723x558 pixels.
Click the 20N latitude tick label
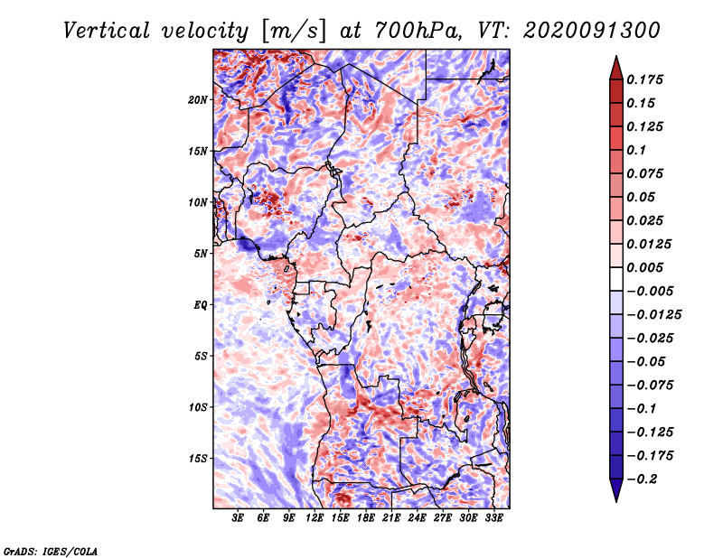pos(197,100)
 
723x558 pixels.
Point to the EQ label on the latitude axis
pos(201,305)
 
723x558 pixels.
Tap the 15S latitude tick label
pos(197,459)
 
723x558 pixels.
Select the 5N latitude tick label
pos(201,254)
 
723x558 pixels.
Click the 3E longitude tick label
pos(238,518)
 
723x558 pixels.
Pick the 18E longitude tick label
pos(366,518)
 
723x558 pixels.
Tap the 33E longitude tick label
pos(493,518)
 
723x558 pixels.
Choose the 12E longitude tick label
pos(315,518)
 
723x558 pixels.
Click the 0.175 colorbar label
pos(644,79)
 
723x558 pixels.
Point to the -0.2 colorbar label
pos(642,479)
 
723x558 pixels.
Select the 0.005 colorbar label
pos(644,267)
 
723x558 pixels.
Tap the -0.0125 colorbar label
pos(653,315)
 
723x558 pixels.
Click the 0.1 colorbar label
pos(636,150)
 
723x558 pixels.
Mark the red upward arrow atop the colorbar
pos(616,68)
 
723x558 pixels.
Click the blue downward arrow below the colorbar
pos(616,490)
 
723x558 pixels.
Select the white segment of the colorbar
pos(616,279)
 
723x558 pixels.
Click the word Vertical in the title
pos(107,31)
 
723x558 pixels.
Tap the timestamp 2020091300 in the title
pos(591,31)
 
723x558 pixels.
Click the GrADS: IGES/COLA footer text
pos(51,552)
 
